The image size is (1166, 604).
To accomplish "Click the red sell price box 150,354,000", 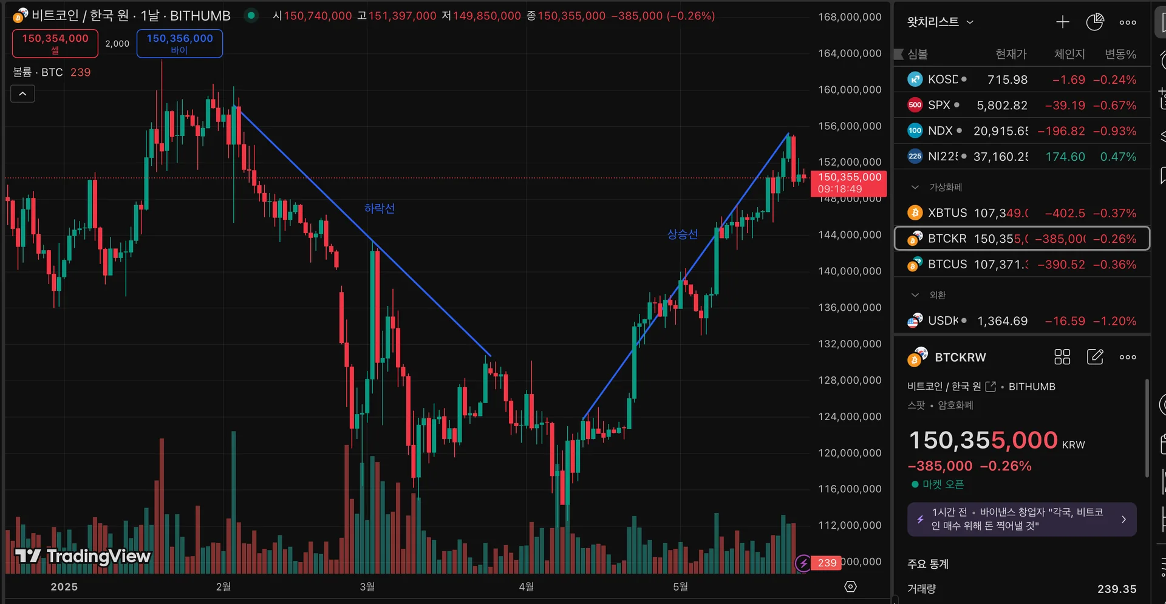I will (x=55, y=43).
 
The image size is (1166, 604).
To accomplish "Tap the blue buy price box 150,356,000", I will (x=180, y=43).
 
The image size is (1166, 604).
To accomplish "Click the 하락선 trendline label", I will (x=380, y=208).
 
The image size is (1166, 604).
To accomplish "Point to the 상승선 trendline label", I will (x=683, y=234).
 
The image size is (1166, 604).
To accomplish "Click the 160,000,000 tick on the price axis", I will (x=849, y=89).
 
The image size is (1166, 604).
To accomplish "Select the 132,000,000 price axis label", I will (x=849, y=344).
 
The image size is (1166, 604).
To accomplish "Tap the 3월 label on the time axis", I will (x=367, y=586).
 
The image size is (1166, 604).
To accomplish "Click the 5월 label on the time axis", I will (x=680, y=586).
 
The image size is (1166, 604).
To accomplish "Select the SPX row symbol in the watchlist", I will (x=938, y=105).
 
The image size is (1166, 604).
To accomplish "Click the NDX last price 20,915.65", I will (x=1000, y=131).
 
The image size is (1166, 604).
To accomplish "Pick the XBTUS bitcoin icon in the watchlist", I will (x=915, y=213).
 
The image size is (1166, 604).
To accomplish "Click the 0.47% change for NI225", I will (x=1118, y=157).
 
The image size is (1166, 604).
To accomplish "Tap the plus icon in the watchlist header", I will (x=1062, y=22).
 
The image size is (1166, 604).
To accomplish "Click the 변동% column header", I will (x=1120, y=54).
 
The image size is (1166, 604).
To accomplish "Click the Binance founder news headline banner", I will (x=1021, y=519).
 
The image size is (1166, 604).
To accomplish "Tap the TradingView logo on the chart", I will (x=83, y=555).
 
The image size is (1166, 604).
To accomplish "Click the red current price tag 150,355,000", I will (x=848, y=183).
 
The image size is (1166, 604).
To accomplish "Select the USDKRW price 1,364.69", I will (x=1002, y=321).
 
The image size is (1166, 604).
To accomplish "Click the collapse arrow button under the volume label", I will (x=22, y=93).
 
